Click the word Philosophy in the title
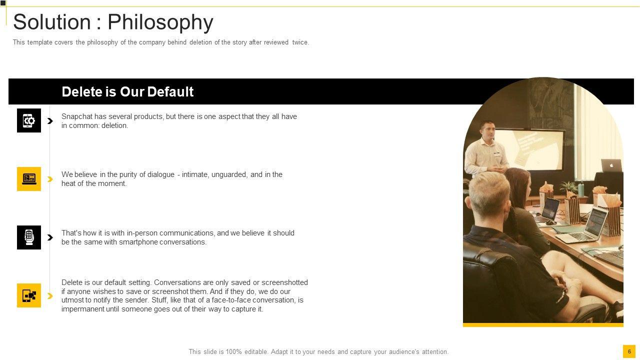pyautogui.click(x=160, y=22)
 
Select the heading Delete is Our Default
pyautogui.click(x=127, y=92)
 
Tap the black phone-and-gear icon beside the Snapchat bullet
pyautogui.click(x=29, y=120)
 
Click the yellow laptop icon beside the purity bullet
pyautogui.click(x=29, y=179)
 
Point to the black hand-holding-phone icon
pyautogui.click(x=29, y=237)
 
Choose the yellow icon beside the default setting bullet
pyautogui.click(x=29, y=295)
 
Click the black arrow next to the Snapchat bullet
pyautogui.click(x=50, y=121)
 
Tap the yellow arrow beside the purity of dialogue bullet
pyautogui.click(x=50, y=179)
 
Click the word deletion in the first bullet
pyautogui.click(x=114, y=125)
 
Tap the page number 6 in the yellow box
pyautogui.click(x=629, y=351)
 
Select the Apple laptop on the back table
pyautogui.click(x=611, y=165)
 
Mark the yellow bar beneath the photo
pyautogui.click(x=543, y=325)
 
